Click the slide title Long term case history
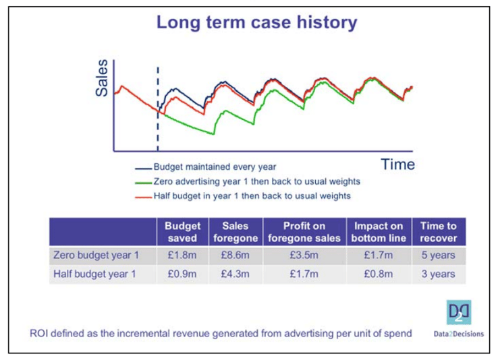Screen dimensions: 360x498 coord(257,22)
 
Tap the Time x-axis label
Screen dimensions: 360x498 coord(397,164)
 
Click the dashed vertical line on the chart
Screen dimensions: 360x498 coord(158,108)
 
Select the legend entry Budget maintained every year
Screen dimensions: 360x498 coord(215,167)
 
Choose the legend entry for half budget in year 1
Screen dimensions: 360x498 coord(252,196)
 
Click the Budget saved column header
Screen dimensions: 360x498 coord(182,232)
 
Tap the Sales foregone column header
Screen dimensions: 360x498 coord(231,232)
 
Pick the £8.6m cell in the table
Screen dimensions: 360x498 coord(231,256)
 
